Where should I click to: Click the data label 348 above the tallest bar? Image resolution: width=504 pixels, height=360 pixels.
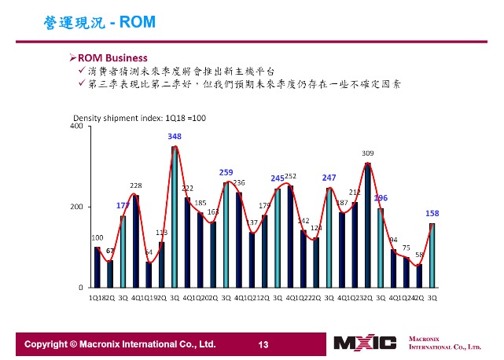point(175,137)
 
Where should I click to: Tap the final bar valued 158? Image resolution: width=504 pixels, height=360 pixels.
point(432,255)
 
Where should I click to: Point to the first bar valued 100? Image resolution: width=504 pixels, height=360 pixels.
point(97,267)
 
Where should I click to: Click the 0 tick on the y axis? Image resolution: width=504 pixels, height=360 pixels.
point(81,288)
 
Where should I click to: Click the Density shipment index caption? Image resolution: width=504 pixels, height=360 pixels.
point(139,118)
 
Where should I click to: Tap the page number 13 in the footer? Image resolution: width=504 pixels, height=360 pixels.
point(263,344)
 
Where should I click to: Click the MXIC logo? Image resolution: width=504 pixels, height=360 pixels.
point(365,343)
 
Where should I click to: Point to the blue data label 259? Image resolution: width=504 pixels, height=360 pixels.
point(226,171)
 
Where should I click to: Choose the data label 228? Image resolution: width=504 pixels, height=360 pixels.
point(135,186)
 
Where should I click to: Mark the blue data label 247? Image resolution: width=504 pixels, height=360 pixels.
point(329,178)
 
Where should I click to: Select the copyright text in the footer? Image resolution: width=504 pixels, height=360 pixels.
point(120,344)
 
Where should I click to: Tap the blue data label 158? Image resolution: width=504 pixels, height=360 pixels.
point(432,213)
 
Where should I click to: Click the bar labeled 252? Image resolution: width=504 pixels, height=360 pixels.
point(290,237)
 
